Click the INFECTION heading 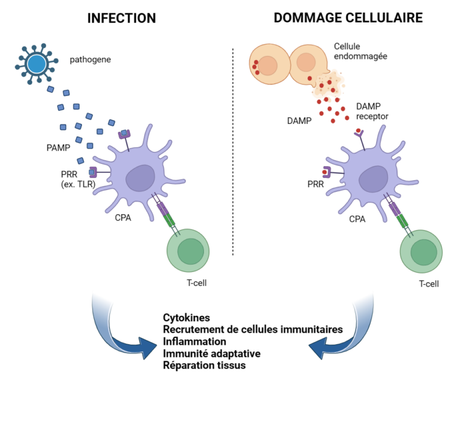121,18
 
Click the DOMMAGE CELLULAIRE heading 348,18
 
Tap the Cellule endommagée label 361,51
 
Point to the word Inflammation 194,341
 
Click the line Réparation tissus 204,365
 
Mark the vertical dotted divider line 234,152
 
